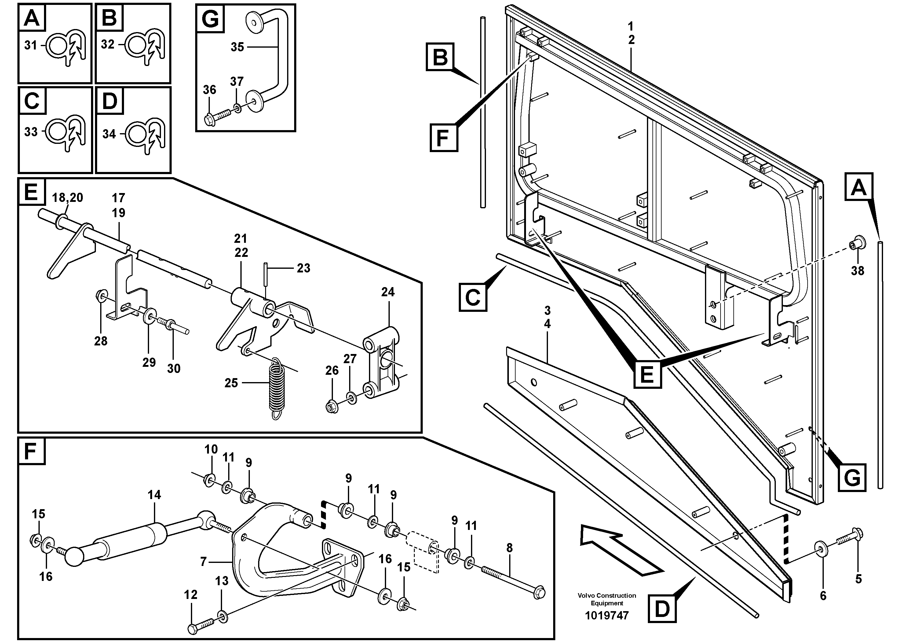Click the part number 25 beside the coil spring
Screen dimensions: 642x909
[x=231, y=383]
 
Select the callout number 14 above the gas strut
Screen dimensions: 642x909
[x=155, y=495]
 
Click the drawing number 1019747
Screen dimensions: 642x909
[x=607, y=615]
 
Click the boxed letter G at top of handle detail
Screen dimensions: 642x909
[x=210, y=19]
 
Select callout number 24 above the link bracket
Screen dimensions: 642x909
[x=388, y=292]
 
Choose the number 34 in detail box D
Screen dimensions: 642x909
[x=109, y=134]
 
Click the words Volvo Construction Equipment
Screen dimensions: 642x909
[x=607, y=599]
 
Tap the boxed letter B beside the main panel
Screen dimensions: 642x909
[x=440, y=57]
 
